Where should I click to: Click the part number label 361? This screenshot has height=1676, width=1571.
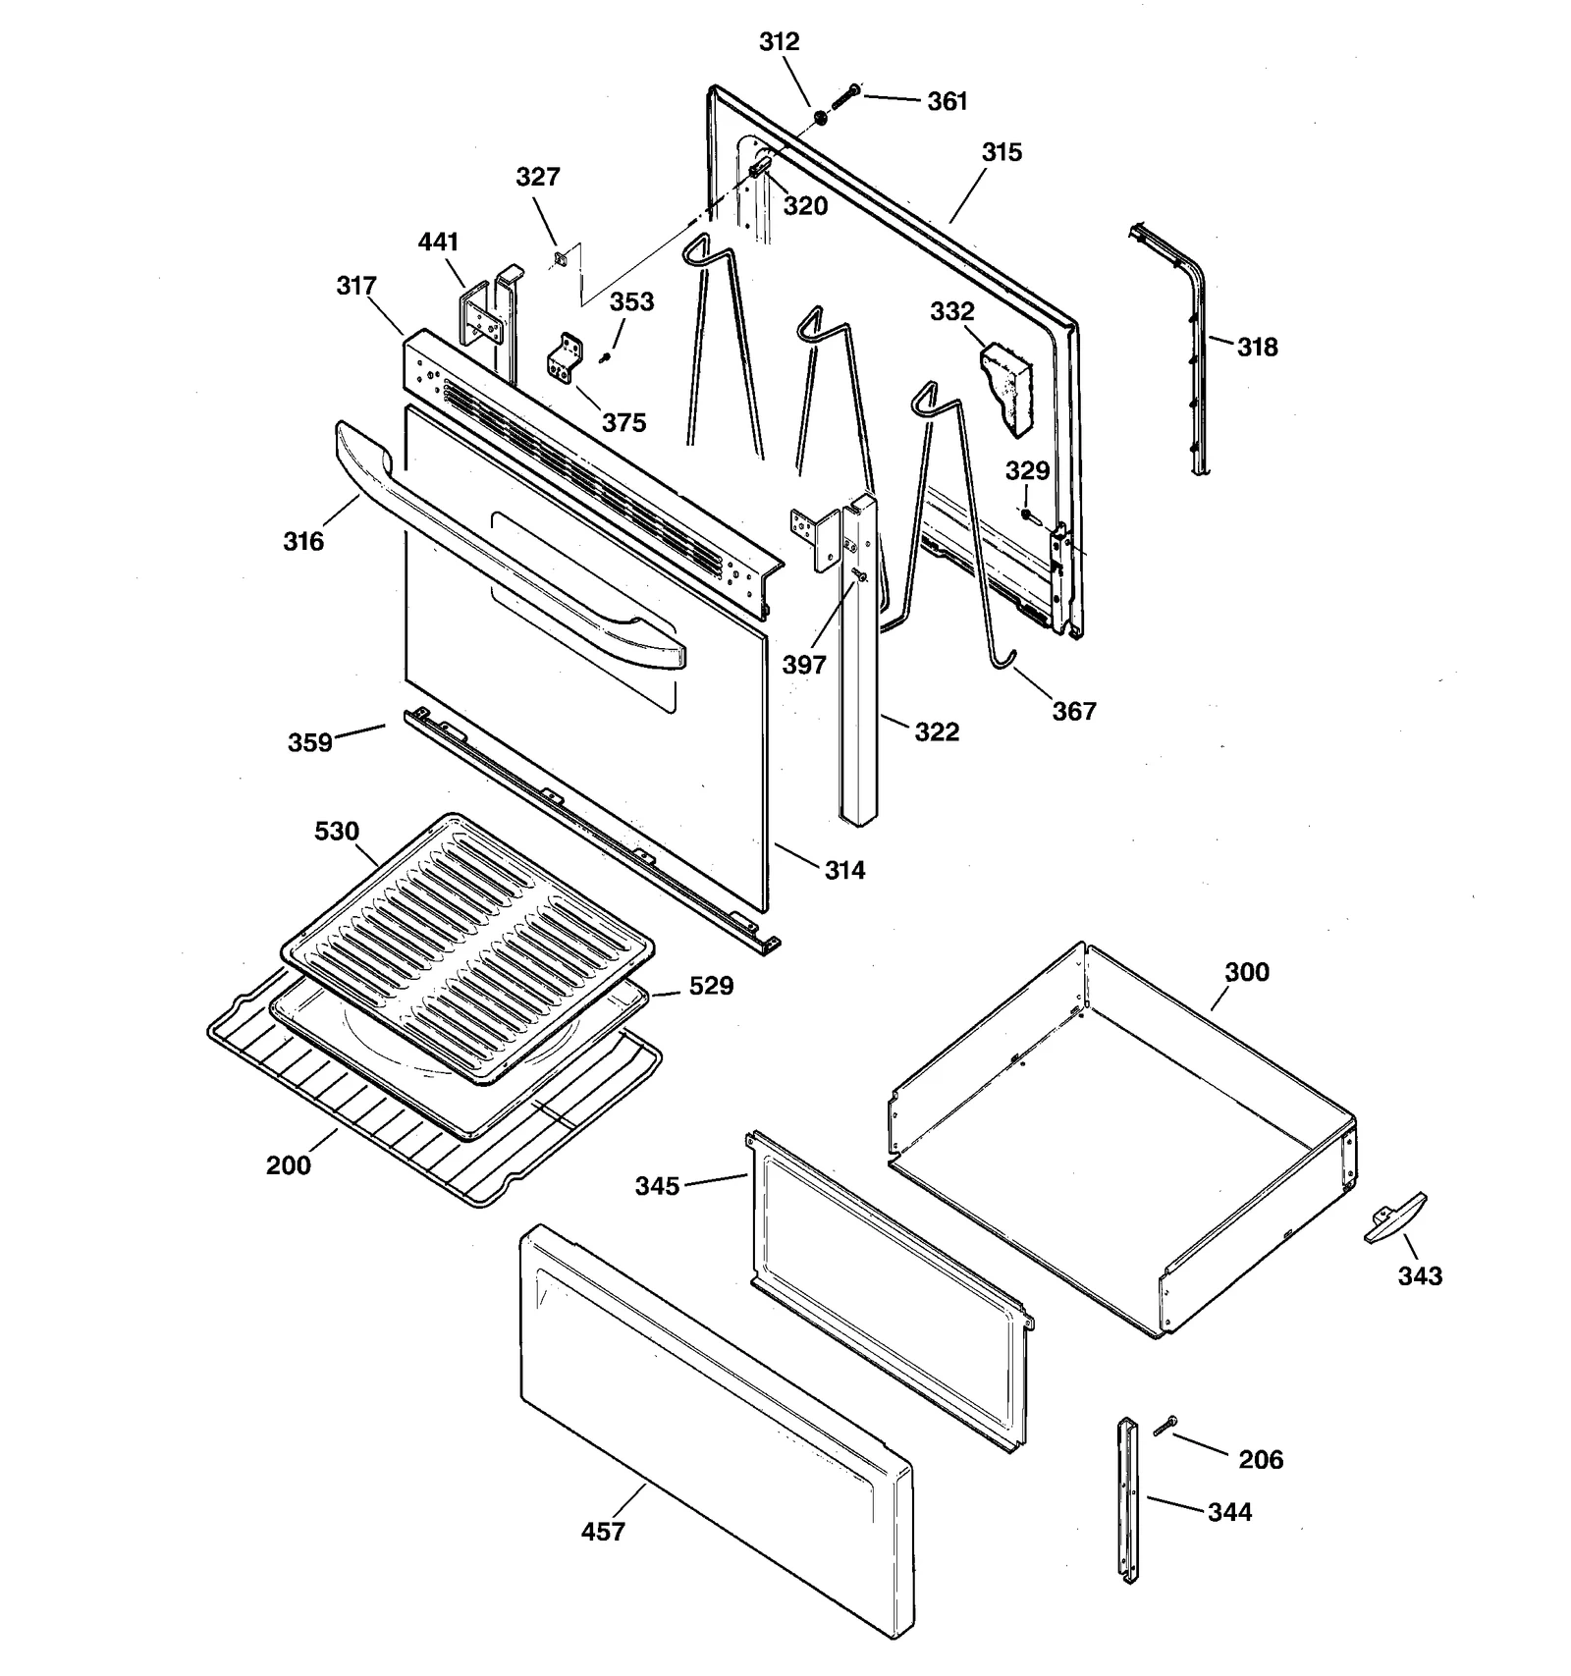(947, 101)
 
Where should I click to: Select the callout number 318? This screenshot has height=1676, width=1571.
(1257, 347)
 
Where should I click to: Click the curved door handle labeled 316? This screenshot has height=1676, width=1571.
(511, 550)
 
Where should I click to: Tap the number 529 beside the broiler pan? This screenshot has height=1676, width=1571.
(710, 985)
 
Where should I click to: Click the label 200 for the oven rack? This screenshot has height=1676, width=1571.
(288, 1165)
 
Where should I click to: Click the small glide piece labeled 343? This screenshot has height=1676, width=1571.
(1395, 1220)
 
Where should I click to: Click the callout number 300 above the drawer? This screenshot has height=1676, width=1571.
(1246, 972)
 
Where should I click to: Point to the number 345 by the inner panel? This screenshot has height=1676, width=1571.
(657, 1186)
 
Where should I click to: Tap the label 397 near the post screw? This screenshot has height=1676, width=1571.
(803, 665)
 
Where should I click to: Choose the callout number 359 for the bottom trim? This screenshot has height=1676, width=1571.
(309, 742)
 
